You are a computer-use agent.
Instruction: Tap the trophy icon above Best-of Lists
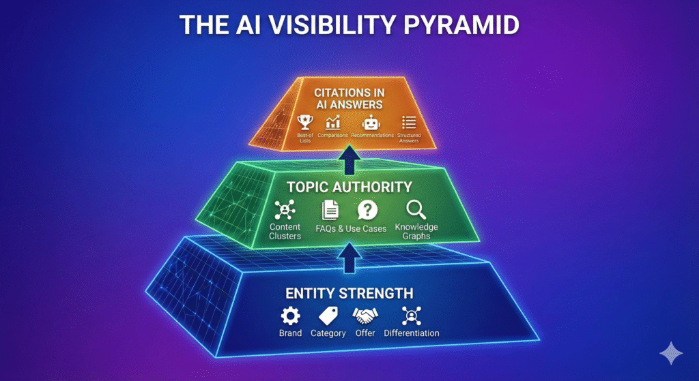click(305, 123)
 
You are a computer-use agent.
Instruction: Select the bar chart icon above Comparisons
click(332, 123)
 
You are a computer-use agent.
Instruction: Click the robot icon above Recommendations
click(371, 123)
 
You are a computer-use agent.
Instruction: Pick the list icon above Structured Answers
click(409, 123)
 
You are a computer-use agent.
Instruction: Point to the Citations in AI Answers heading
click(349, 99)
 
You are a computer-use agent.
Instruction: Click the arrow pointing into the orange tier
click(349, 159)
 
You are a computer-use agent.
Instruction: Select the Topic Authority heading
click(349, 187)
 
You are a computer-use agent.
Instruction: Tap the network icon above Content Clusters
click(285, 210)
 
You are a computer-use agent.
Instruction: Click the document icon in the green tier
click(330, 210)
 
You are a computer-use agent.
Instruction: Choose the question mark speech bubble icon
click(367, 210)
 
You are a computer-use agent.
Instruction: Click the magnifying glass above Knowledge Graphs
click(416, 210)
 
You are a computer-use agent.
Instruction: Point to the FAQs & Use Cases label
click(351, 229)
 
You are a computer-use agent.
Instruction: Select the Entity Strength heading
click(349, 293)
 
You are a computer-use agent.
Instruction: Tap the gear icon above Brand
click(290, 316)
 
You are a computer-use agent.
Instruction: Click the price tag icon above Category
click(328, 316)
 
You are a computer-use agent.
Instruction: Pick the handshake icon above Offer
click(365, 316)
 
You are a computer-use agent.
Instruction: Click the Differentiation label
click(412, 333)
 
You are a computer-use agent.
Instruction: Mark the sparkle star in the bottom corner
click(671, 354)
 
